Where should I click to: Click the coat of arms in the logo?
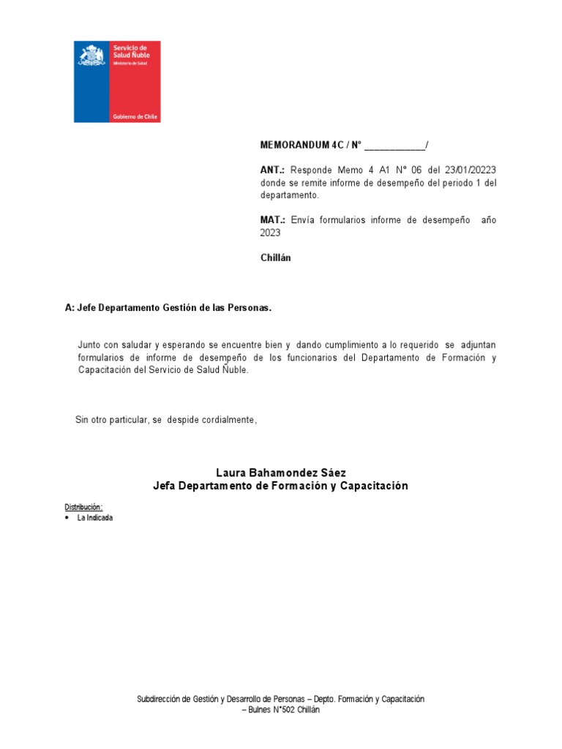tap(91, 56)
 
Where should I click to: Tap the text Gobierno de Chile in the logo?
tap(135, 117)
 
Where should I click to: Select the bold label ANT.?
tap(272, 170)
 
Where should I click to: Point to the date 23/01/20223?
tap(471, 170)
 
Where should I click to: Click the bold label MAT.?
tap(272, 220)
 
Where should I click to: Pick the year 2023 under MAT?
tap(270, 233)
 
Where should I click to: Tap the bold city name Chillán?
tap(275, 257)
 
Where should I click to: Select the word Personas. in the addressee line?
tap(251, 308)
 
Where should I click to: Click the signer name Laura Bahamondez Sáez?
tap(281, 473)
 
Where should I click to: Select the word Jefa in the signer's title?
tap(164, 486)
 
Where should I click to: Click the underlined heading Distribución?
tap(83, 507)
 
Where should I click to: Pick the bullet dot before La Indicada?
tap(67, 517)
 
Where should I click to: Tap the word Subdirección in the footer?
tap(158, 699)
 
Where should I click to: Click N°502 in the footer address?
tap(284, 710)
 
